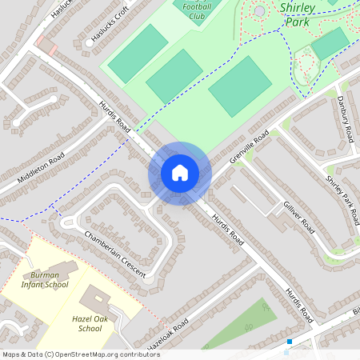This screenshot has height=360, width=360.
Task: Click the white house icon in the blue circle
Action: pos(179,173)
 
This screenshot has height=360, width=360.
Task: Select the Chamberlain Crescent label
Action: pos(115,254)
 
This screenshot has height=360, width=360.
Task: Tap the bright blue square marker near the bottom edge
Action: pos(289,342)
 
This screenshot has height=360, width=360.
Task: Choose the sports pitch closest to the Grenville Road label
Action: pos(240,86)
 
